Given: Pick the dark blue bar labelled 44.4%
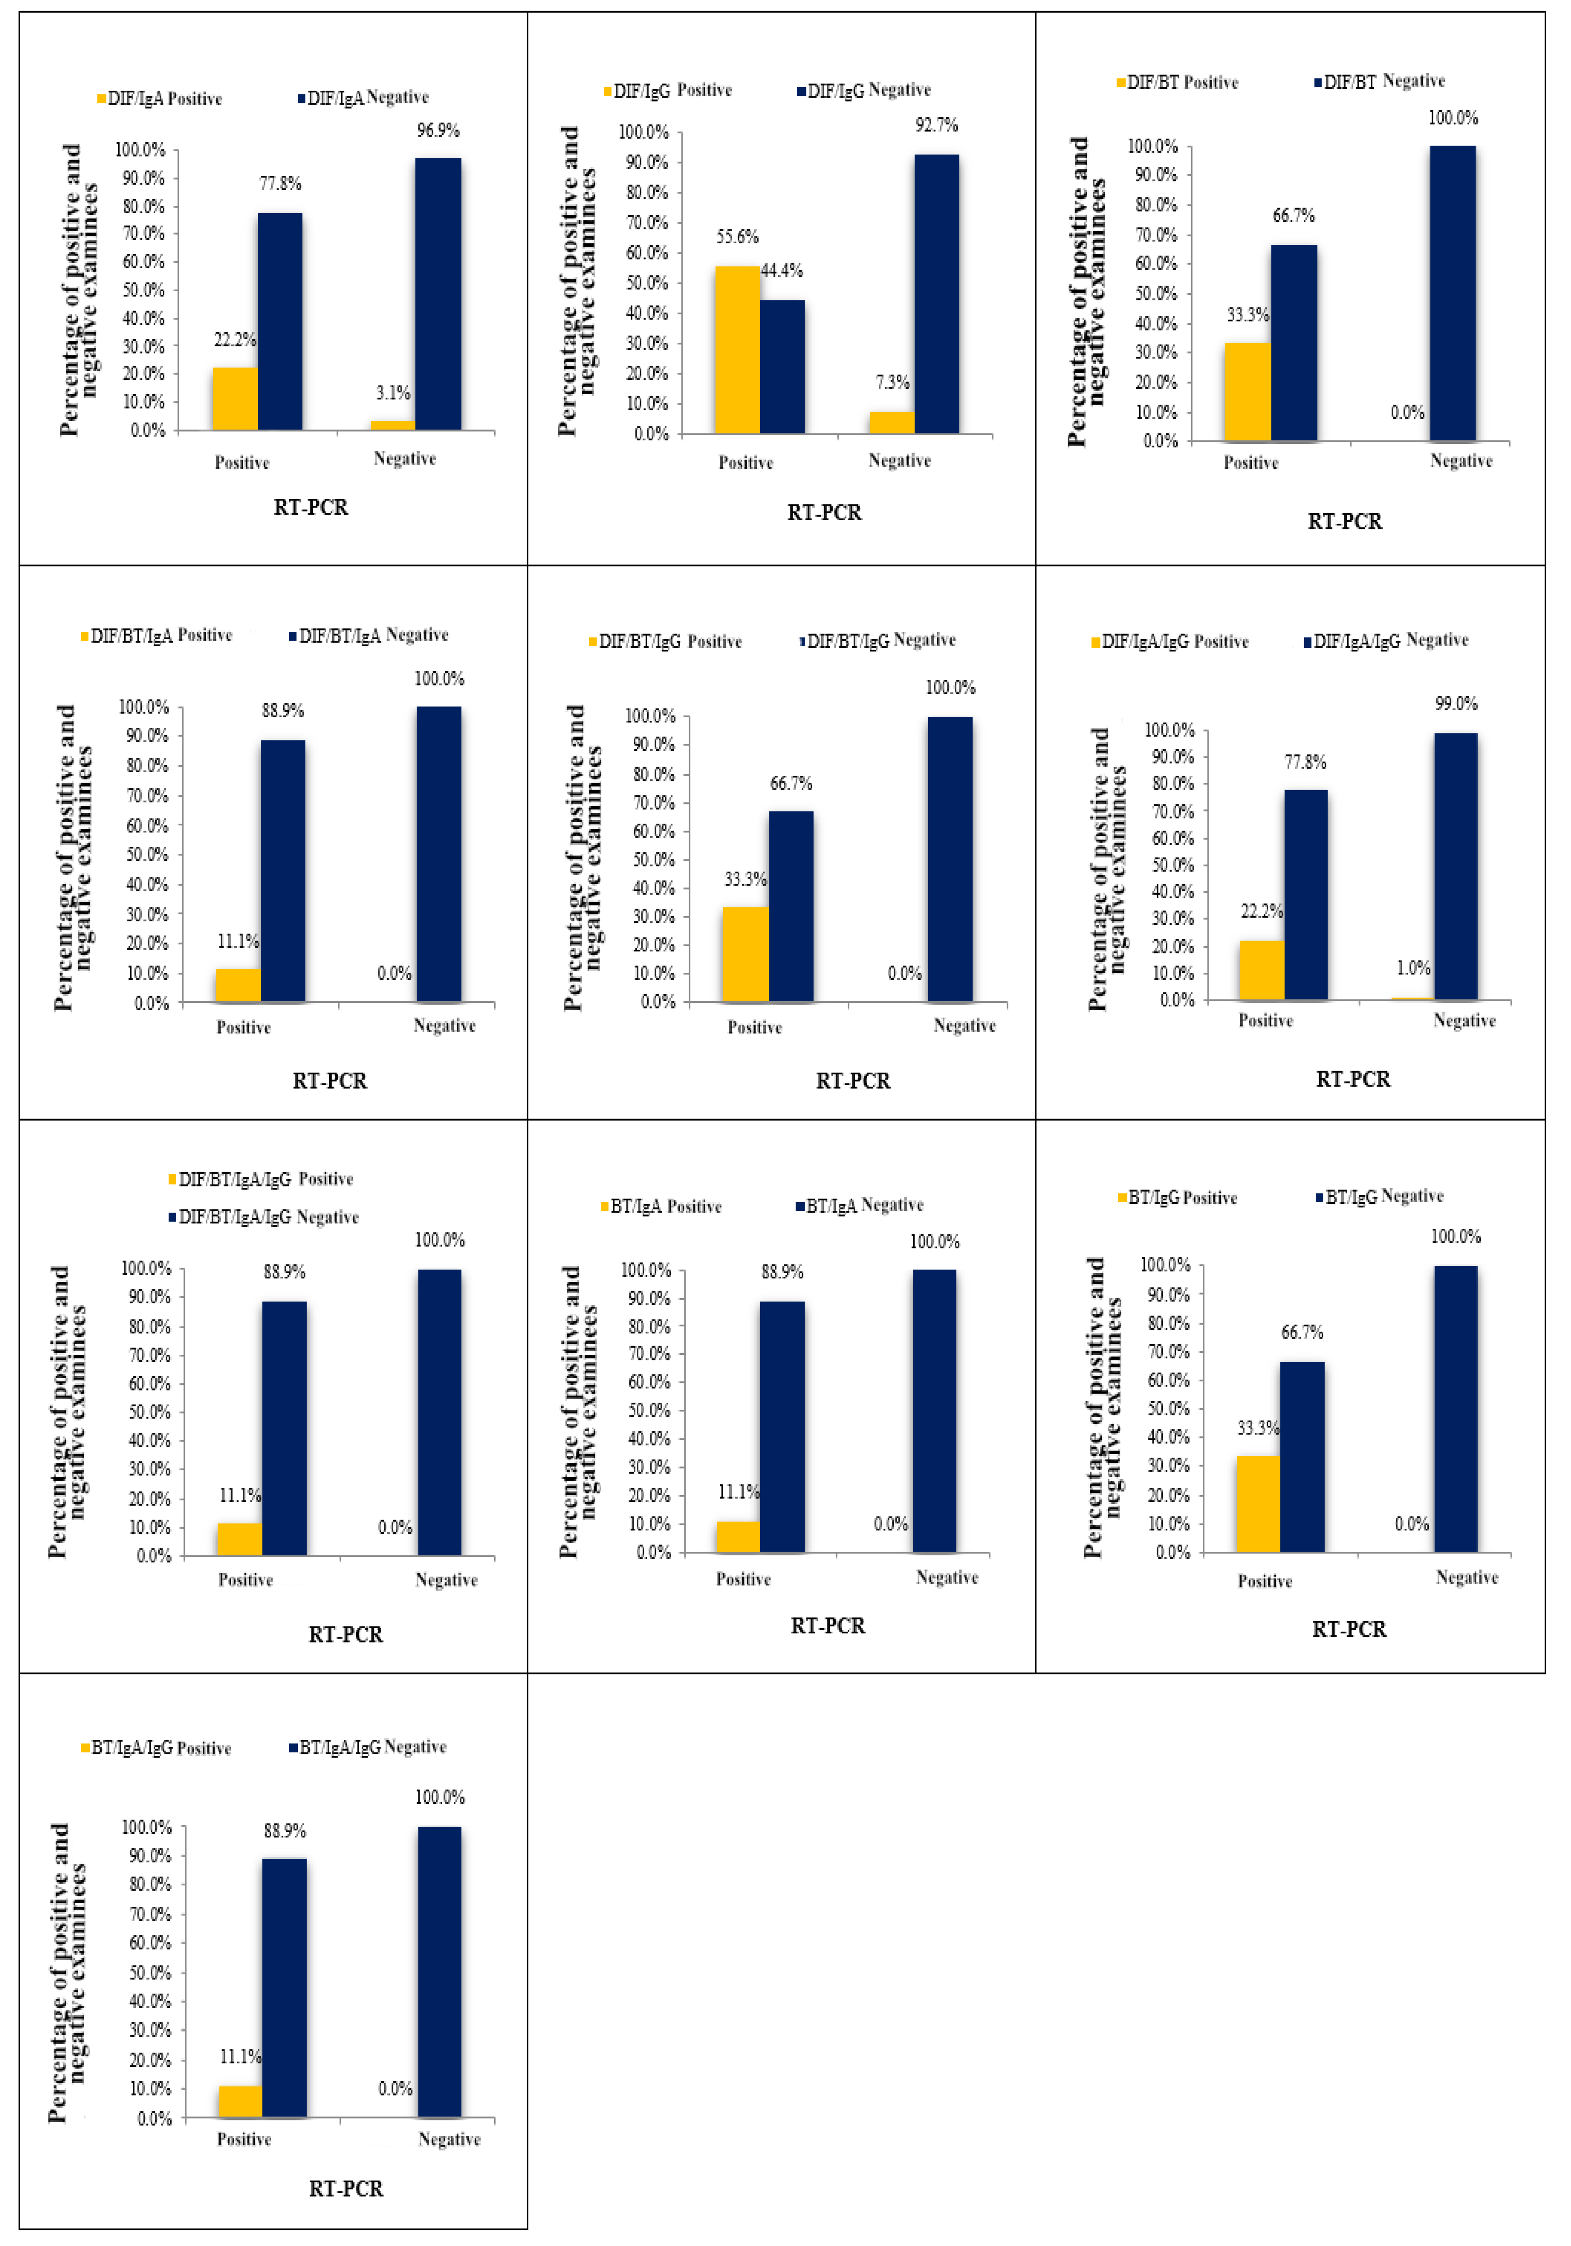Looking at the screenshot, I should pyautogui.click(x=782, y=367).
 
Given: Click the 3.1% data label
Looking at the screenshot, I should pyautogui.click(x=393, y=393).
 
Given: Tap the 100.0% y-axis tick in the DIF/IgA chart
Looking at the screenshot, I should pyautogui.click(x=140, y=150).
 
